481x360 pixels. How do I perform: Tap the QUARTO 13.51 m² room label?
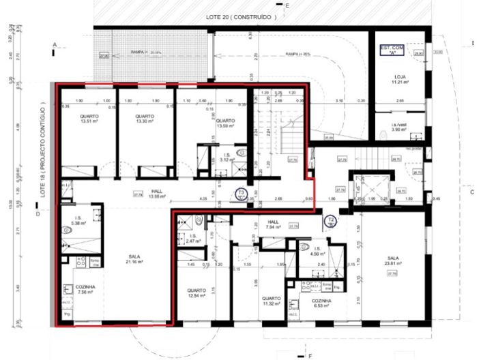coord(89,119)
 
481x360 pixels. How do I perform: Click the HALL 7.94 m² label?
coord(274,226)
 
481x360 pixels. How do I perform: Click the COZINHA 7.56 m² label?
coord(86,290)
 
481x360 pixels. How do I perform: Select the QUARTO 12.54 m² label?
coord(200,293)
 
